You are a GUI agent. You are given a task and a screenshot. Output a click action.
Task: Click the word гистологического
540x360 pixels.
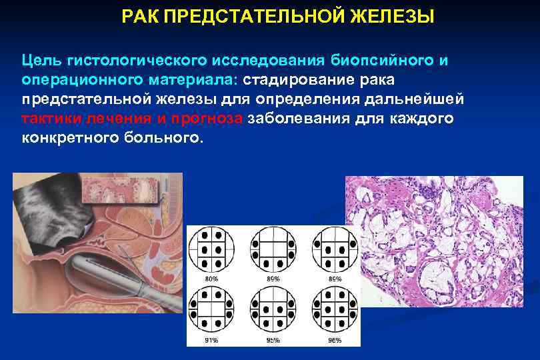tap(137, 61)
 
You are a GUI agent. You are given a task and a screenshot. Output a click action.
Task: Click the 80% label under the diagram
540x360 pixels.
tap(211, 277)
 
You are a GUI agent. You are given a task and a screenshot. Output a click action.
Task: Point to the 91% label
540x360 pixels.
tap(211, 341)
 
